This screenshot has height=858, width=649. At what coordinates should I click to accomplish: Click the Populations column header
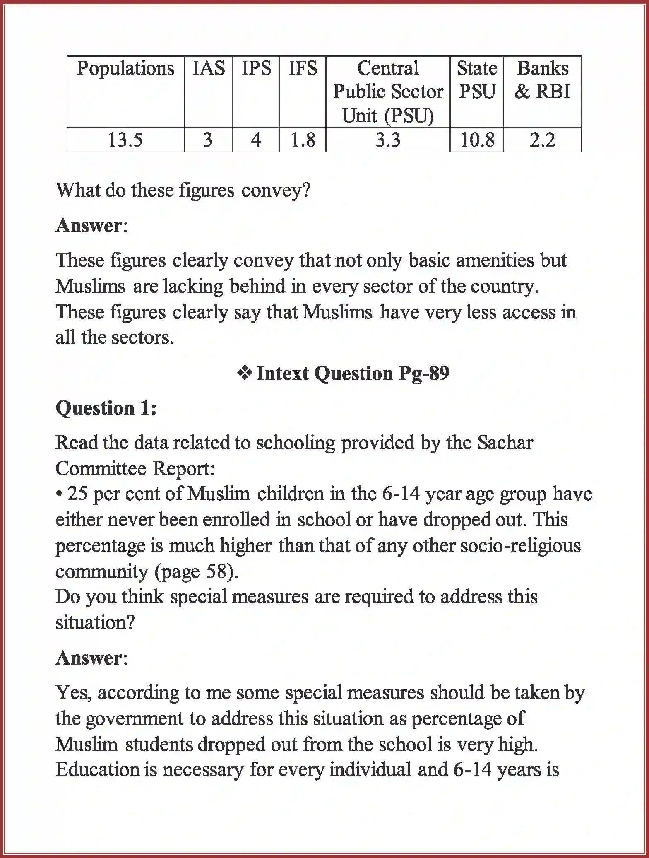tap(125, 69)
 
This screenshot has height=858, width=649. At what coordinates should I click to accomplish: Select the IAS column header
tap(209, 68)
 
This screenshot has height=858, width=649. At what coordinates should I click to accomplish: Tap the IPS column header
tap(256, 68)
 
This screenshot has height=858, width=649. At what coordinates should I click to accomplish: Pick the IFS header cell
tap(303, 68)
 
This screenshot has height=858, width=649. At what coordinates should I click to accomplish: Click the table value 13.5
tap(125, 140)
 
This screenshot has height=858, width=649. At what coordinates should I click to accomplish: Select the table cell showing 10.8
tap(477, 140)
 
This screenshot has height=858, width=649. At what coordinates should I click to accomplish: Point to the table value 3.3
tap(388, 140)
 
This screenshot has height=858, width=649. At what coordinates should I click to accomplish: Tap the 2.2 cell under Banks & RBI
tap(542, 140)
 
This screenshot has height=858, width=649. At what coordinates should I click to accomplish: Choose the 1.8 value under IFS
tap(303, 140)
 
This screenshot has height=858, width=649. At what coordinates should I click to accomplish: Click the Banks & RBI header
tap(542, 80)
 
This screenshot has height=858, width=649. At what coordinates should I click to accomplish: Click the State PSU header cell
tap(477, 80)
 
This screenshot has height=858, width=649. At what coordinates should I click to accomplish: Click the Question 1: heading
tap(106, 408)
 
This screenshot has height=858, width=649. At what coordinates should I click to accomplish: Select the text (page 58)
tap(196, 572)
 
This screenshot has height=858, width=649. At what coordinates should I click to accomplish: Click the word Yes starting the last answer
tap(74, 693)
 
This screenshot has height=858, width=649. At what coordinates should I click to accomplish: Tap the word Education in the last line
tap(97, 770)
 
